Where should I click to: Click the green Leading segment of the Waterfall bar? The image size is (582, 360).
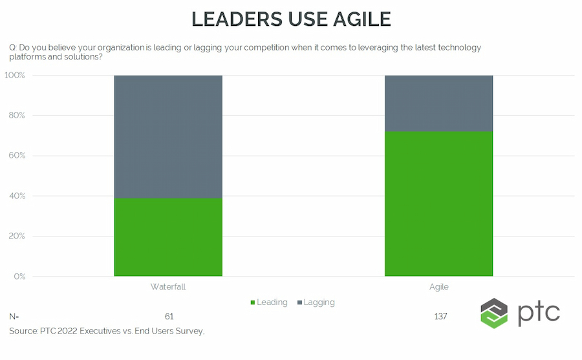(x=168, y=237)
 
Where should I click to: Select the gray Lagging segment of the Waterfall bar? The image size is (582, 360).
(x=168, y=136)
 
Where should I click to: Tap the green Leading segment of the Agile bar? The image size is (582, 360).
(x=438, y=204)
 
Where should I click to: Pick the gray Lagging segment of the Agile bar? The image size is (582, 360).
(x=438, y=103)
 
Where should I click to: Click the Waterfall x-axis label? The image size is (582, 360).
(x=168, y=286)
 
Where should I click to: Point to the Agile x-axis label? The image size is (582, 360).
(x=438, y=286)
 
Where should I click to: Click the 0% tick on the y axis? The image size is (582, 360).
(x=19, y=277)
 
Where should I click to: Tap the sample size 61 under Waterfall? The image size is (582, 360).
(x=169, y=317)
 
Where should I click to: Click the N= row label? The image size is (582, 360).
(x=14, y=317)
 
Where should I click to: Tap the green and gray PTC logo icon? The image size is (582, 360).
(x=494, y=313)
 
